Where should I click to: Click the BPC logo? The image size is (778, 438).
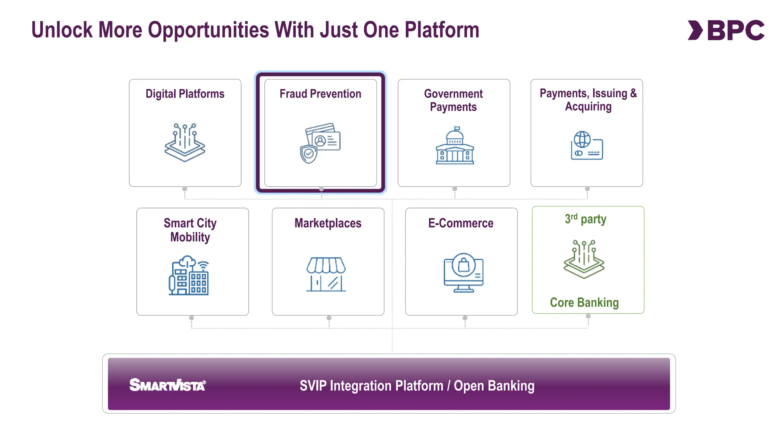(726, 30)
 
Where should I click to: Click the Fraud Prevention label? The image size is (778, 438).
(320, 94)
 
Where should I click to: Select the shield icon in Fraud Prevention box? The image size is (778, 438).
(308, 154)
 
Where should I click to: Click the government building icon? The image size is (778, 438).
(455, 146)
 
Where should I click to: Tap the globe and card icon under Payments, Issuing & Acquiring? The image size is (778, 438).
(587, 146)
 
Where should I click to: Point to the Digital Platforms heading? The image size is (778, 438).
(185, 94)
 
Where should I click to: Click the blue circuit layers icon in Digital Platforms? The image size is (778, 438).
(185, 143)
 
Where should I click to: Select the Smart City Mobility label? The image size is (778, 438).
(190, 230)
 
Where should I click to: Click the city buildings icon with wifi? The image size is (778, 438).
(189, 276)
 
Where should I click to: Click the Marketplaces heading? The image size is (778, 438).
(328, 223)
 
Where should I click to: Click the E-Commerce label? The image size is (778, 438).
(461, 223)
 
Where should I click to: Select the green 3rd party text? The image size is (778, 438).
(585, 219)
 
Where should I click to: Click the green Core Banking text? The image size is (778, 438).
(584, 303)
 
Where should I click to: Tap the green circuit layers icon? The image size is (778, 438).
(584, 259)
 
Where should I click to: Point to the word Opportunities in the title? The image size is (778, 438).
(209, 30)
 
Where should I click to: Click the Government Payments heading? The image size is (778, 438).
(453, 100)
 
